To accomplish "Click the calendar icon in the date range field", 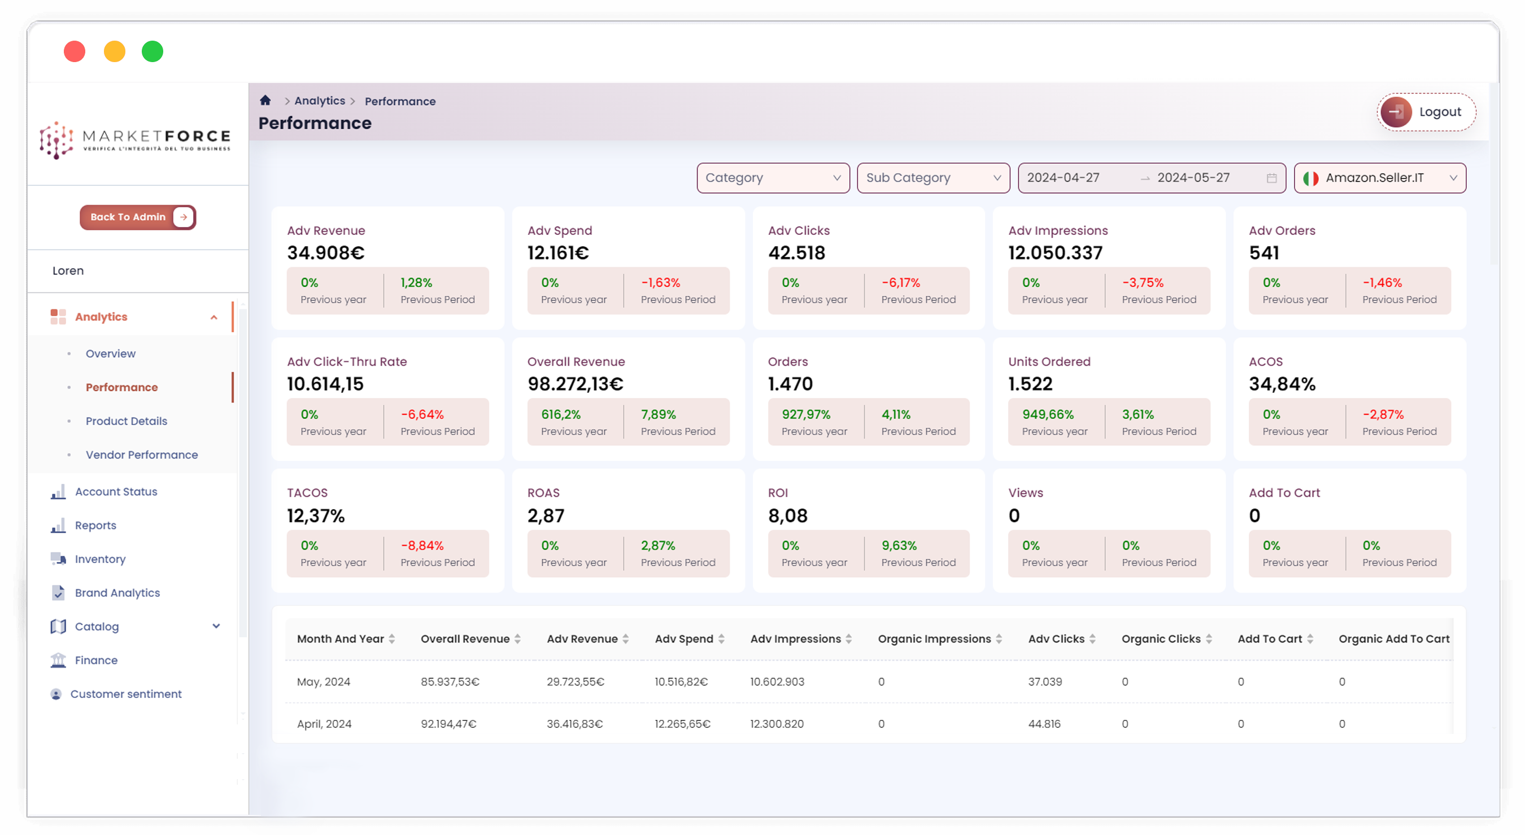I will click(x=1271, y=178).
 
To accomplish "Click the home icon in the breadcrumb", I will click(x=265, y=100).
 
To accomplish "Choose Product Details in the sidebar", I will click(x=126, y=421).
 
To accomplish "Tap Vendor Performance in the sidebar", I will click(x=142, y=454).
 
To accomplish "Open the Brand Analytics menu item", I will click(x=117, y=592).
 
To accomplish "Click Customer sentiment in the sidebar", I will click(x=125, y=693).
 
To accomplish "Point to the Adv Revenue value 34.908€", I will click(x=325, y=253).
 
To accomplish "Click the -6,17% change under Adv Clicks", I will click(x=900, y=283).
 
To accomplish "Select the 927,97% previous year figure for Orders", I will click(x=806, y=414).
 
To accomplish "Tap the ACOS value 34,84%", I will click(x=1282, y=384).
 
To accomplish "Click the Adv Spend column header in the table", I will click(x=684, y=639).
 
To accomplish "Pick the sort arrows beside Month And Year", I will click(x=392, y=639).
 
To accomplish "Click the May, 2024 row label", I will click(x=323, y=682).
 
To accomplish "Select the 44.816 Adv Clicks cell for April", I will click(x=1044, y=724).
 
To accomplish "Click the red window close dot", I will click(x=75, y=51).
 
